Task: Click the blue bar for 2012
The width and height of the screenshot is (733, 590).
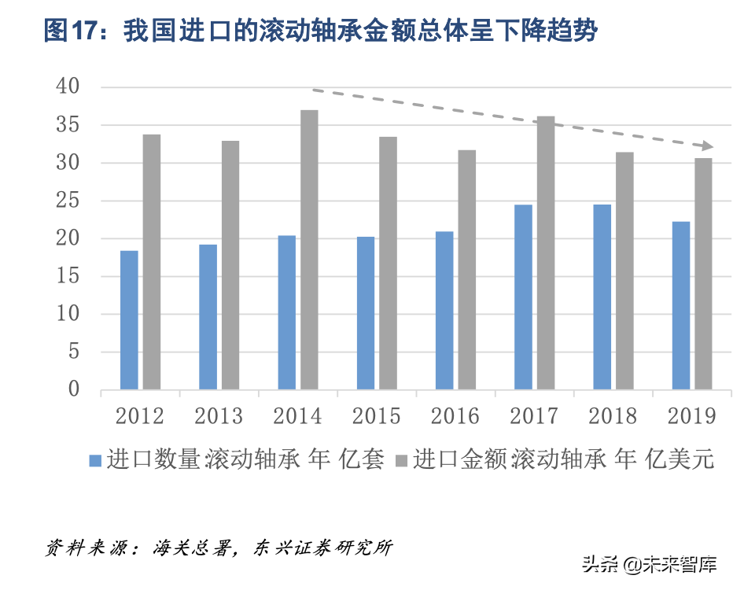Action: coord(129,319)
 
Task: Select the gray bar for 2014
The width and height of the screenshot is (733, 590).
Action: coord(309,249)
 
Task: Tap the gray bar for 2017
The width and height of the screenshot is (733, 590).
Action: coord(546,253)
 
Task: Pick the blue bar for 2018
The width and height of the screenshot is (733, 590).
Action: coord(602,297)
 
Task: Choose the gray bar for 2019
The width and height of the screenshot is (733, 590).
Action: coord(703,273)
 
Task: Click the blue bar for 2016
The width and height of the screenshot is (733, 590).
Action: coord(444,310)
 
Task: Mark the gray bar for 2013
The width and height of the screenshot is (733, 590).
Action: coord(230,264)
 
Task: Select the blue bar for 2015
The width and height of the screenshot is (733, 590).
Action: coord(365,312)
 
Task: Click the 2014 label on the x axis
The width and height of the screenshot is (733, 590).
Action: coord(297,415)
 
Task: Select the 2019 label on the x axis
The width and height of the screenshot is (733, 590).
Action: coord(691,415)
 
